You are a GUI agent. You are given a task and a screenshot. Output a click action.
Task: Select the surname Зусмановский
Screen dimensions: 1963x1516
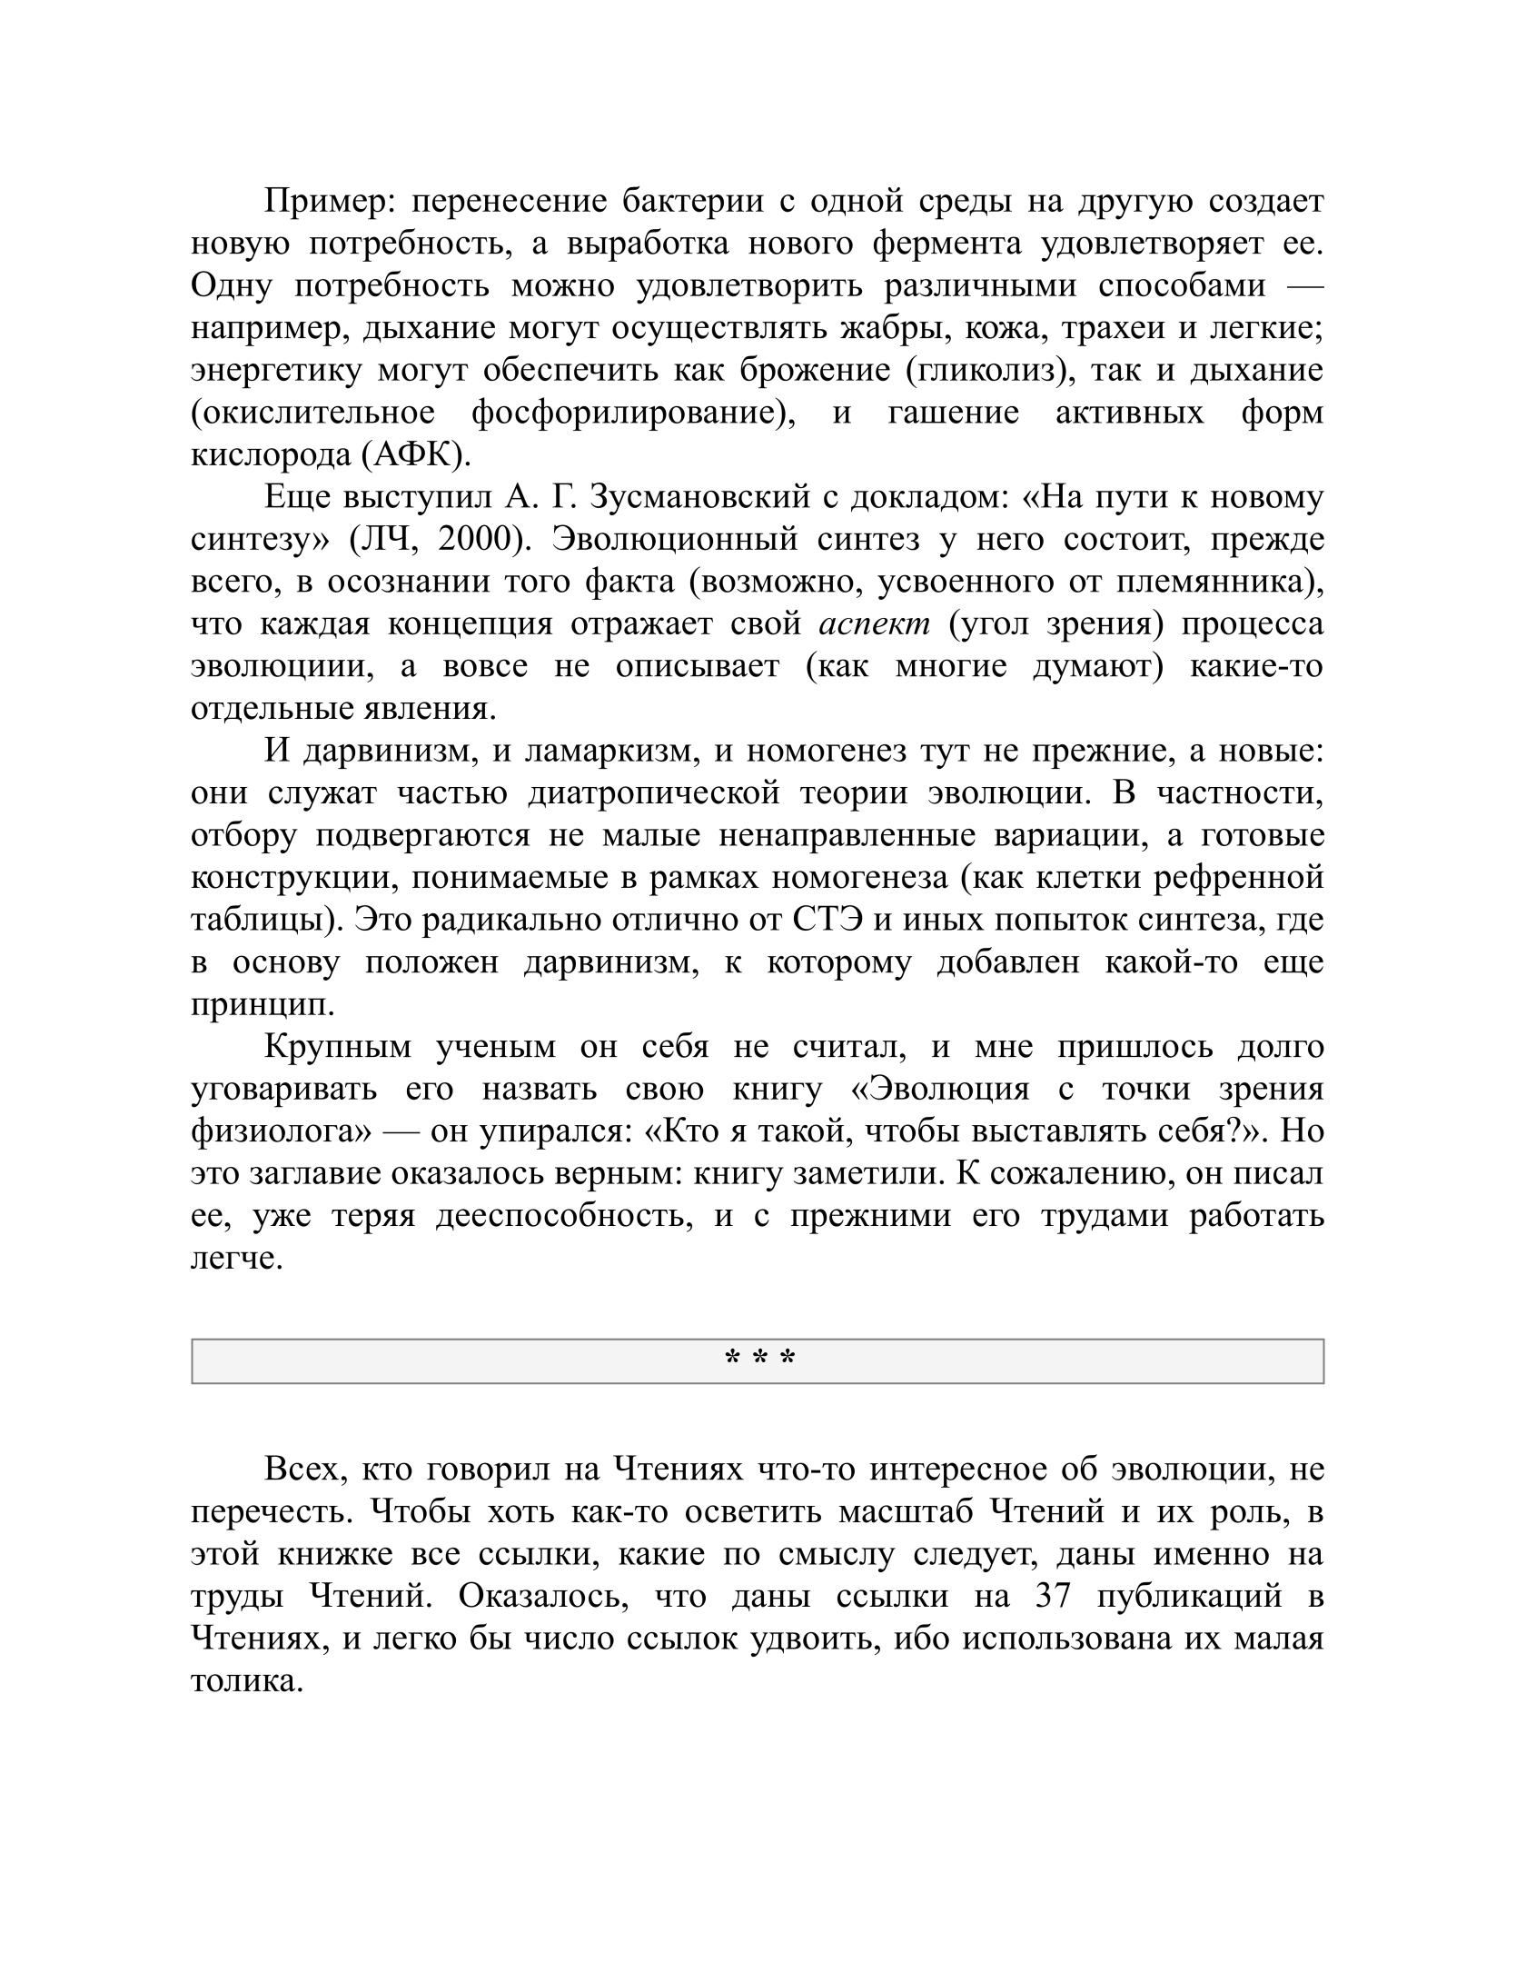699,497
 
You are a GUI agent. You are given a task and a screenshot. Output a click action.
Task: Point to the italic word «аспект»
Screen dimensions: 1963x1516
875,623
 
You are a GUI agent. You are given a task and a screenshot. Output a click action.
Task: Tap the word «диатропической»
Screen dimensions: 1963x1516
653,792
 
